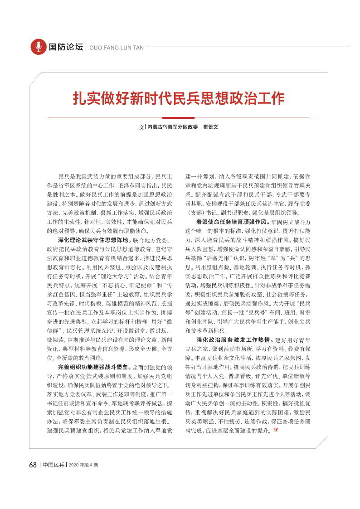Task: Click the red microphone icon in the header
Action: pyautogui.click(x=39, y=47)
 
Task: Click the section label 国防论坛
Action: pyautogui.click(x=66, y=47)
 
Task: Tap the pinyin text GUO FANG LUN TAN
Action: pyautogui.click(x=117, y=47)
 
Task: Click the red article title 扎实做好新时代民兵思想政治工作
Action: pyautogui.click(x=179, y=98)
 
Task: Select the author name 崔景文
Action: pyautogui.click(x=210, y=127)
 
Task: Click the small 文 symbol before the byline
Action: pyautogui.click(x=141, y=127)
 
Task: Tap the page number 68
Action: pyautogui.click(x=33, y=465)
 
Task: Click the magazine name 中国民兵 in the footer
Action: pyautogui.click(x=54, y=465)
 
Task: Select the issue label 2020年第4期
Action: pyautogui.click(x=83, y=465)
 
